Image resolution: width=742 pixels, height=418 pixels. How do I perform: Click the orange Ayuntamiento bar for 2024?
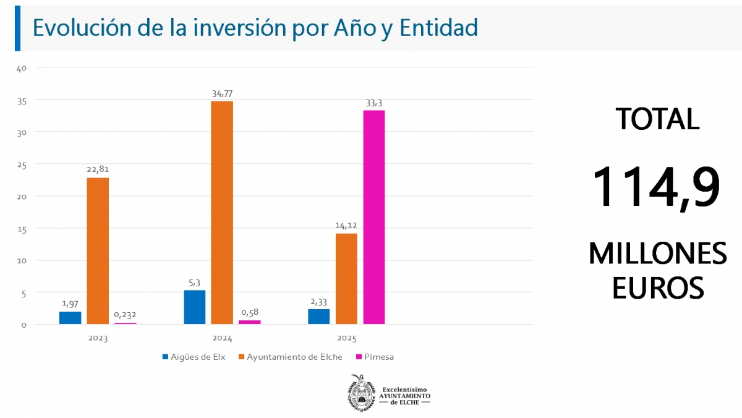(222, 212)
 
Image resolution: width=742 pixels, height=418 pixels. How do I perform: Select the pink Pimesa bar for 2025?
(373, 216)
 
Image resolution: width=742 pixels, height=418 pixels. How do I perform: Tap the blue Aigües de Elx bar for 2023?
(70, 317)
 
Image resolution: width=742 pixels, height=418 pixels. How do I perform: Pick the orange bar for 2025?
(346, 278)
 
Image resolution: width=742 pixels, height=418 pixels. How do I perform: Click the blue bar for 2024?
(195, 307)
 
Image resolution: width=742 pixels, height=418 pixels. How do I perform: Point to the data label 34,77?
(222, 94)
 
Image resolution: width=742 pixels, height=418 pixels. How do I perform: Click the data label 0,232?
(126, 315)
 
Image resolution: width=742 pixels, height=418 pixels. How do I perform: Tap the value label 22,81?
(98, 169)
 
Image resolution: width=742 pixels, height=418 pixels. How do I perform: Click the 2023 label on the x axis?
(98, 339)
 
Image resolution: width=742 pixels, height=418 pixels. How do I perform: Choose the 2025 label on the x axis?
(346, 339)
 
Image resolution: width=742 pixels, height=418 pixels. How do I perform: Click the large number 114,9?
(656, 187)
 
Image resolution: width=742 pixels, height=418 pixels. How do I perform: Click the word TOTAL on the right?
(657, 119)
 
